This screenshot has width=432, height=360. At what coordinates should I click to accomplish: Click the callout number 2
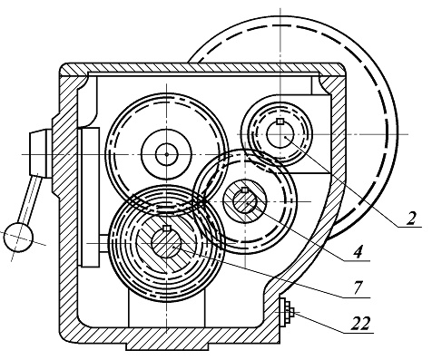pyautogui.click(x=411, y=219)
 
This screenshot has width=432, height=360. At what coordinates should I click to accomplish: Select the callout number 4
pyautogui.click(x=358, y=252)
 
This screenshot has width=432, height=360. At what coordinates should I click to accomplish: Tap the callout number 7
pyautogui.click(x=358, y=287)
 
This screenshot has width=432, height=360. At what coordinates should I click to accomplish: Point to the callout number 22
pyautogui.click(x=361, y=324)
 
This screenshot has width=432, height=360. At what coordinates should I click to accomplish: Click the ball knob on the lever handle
pyautogui.click(x=18, y=238)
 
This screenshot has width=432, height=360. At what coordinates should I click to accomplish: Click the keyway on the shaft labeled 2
pyautogui.click(x=280, y=122)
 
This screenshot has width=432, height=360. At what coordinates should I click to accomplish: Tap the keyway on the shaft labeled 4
pyautogui.click(x=245, y=190)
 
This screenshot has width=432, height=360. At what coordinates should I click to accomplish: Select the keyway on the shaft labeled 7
pyautogui.click(x=167, y=229)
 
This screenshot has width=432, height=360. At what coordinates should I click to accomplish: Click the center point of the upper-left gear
pyautogui.click(x=167, y=154)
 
